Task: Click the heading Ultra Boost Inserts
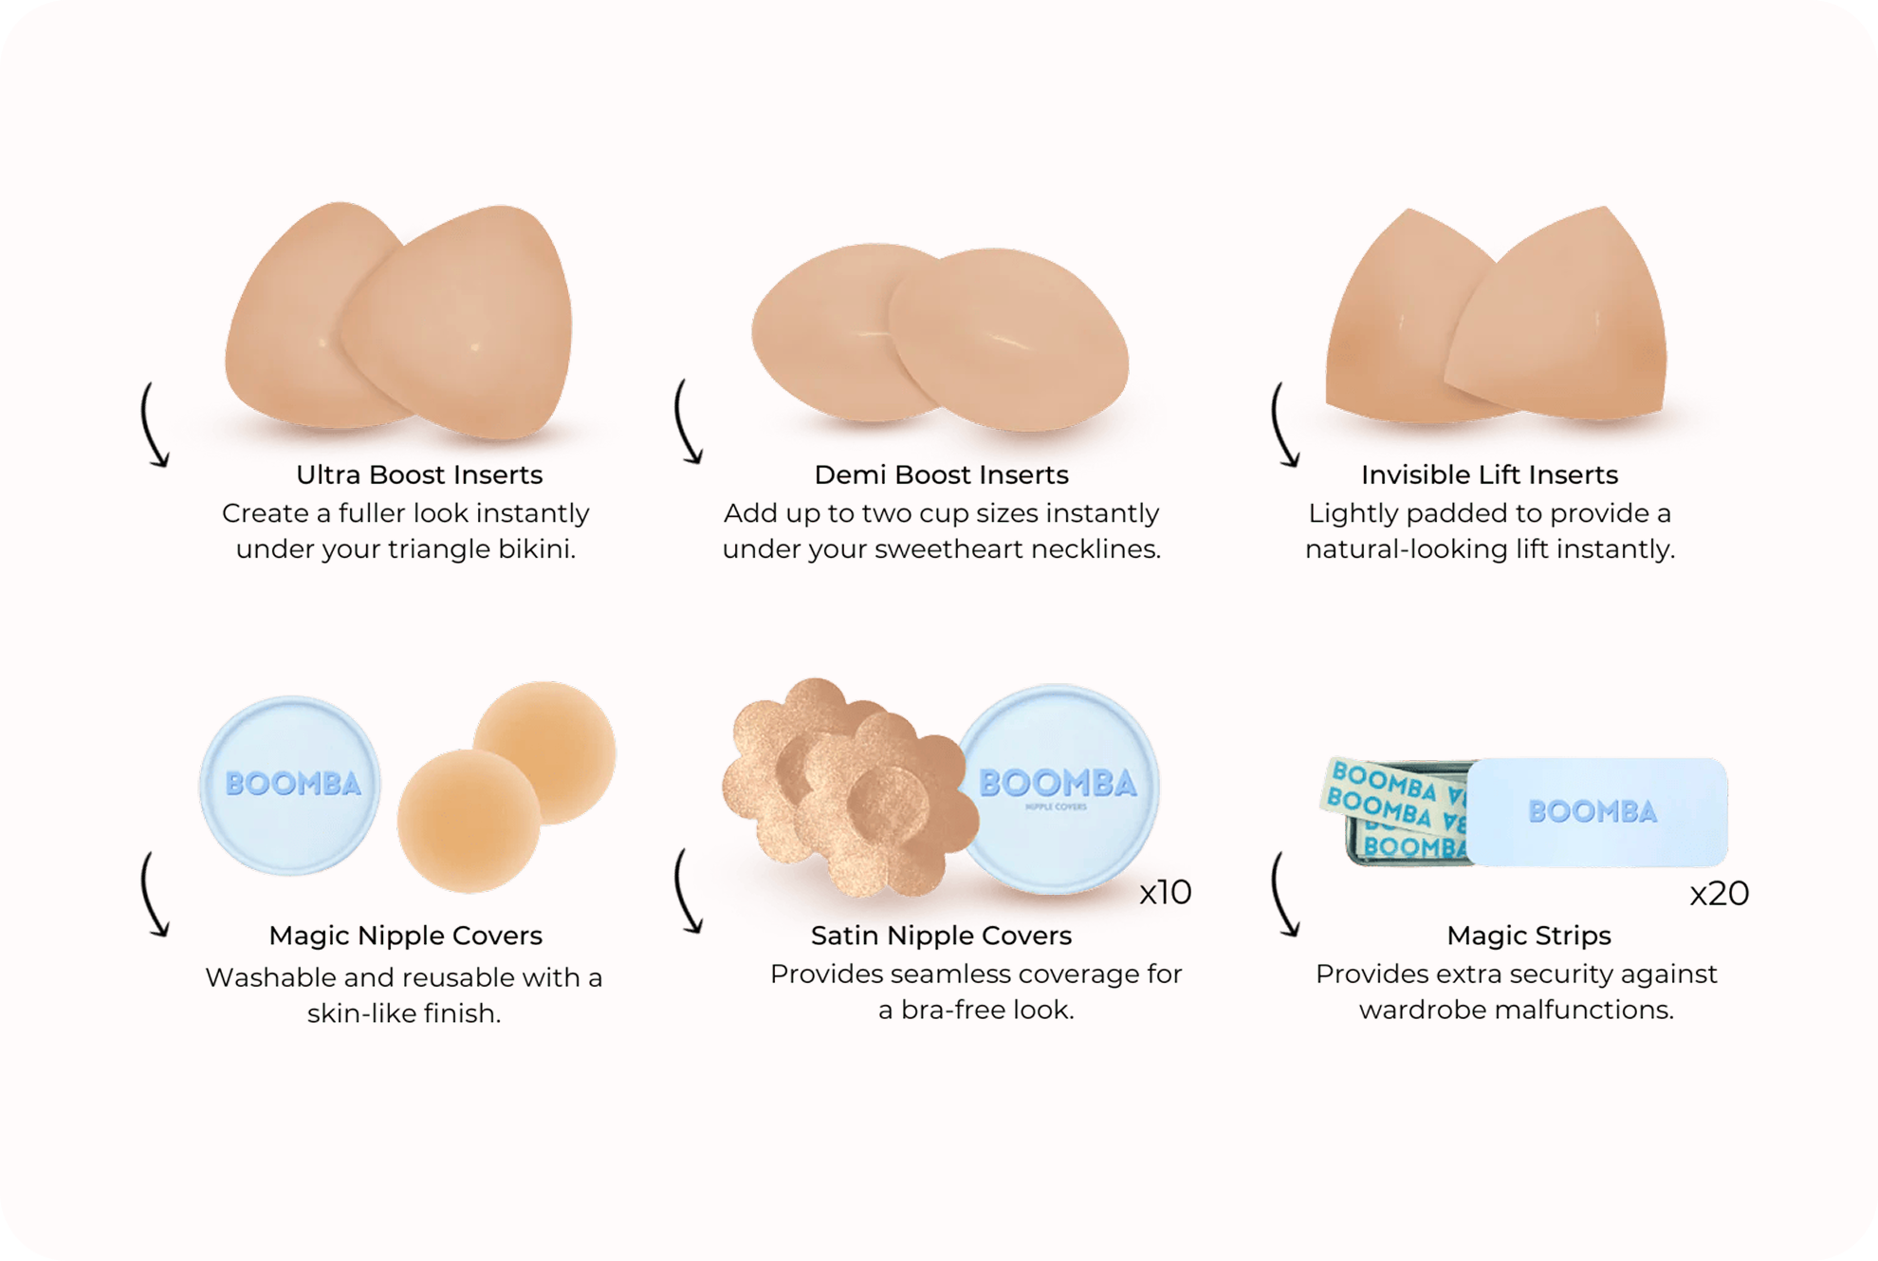419,474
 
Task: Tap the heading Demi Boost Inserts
941,474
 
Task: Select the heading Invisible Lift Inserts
1489,474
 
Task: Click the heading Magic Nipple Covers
405,936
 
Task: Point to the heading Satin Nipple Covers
941,936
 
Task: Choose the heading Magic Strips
1528,936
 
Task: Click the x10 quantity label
1165,892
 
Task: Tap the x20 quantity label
1719,893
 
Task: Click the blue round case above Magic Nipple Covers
290,785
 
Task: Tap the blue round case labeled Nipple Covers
1058,788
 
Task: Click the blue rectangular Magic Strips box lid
1596,811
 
